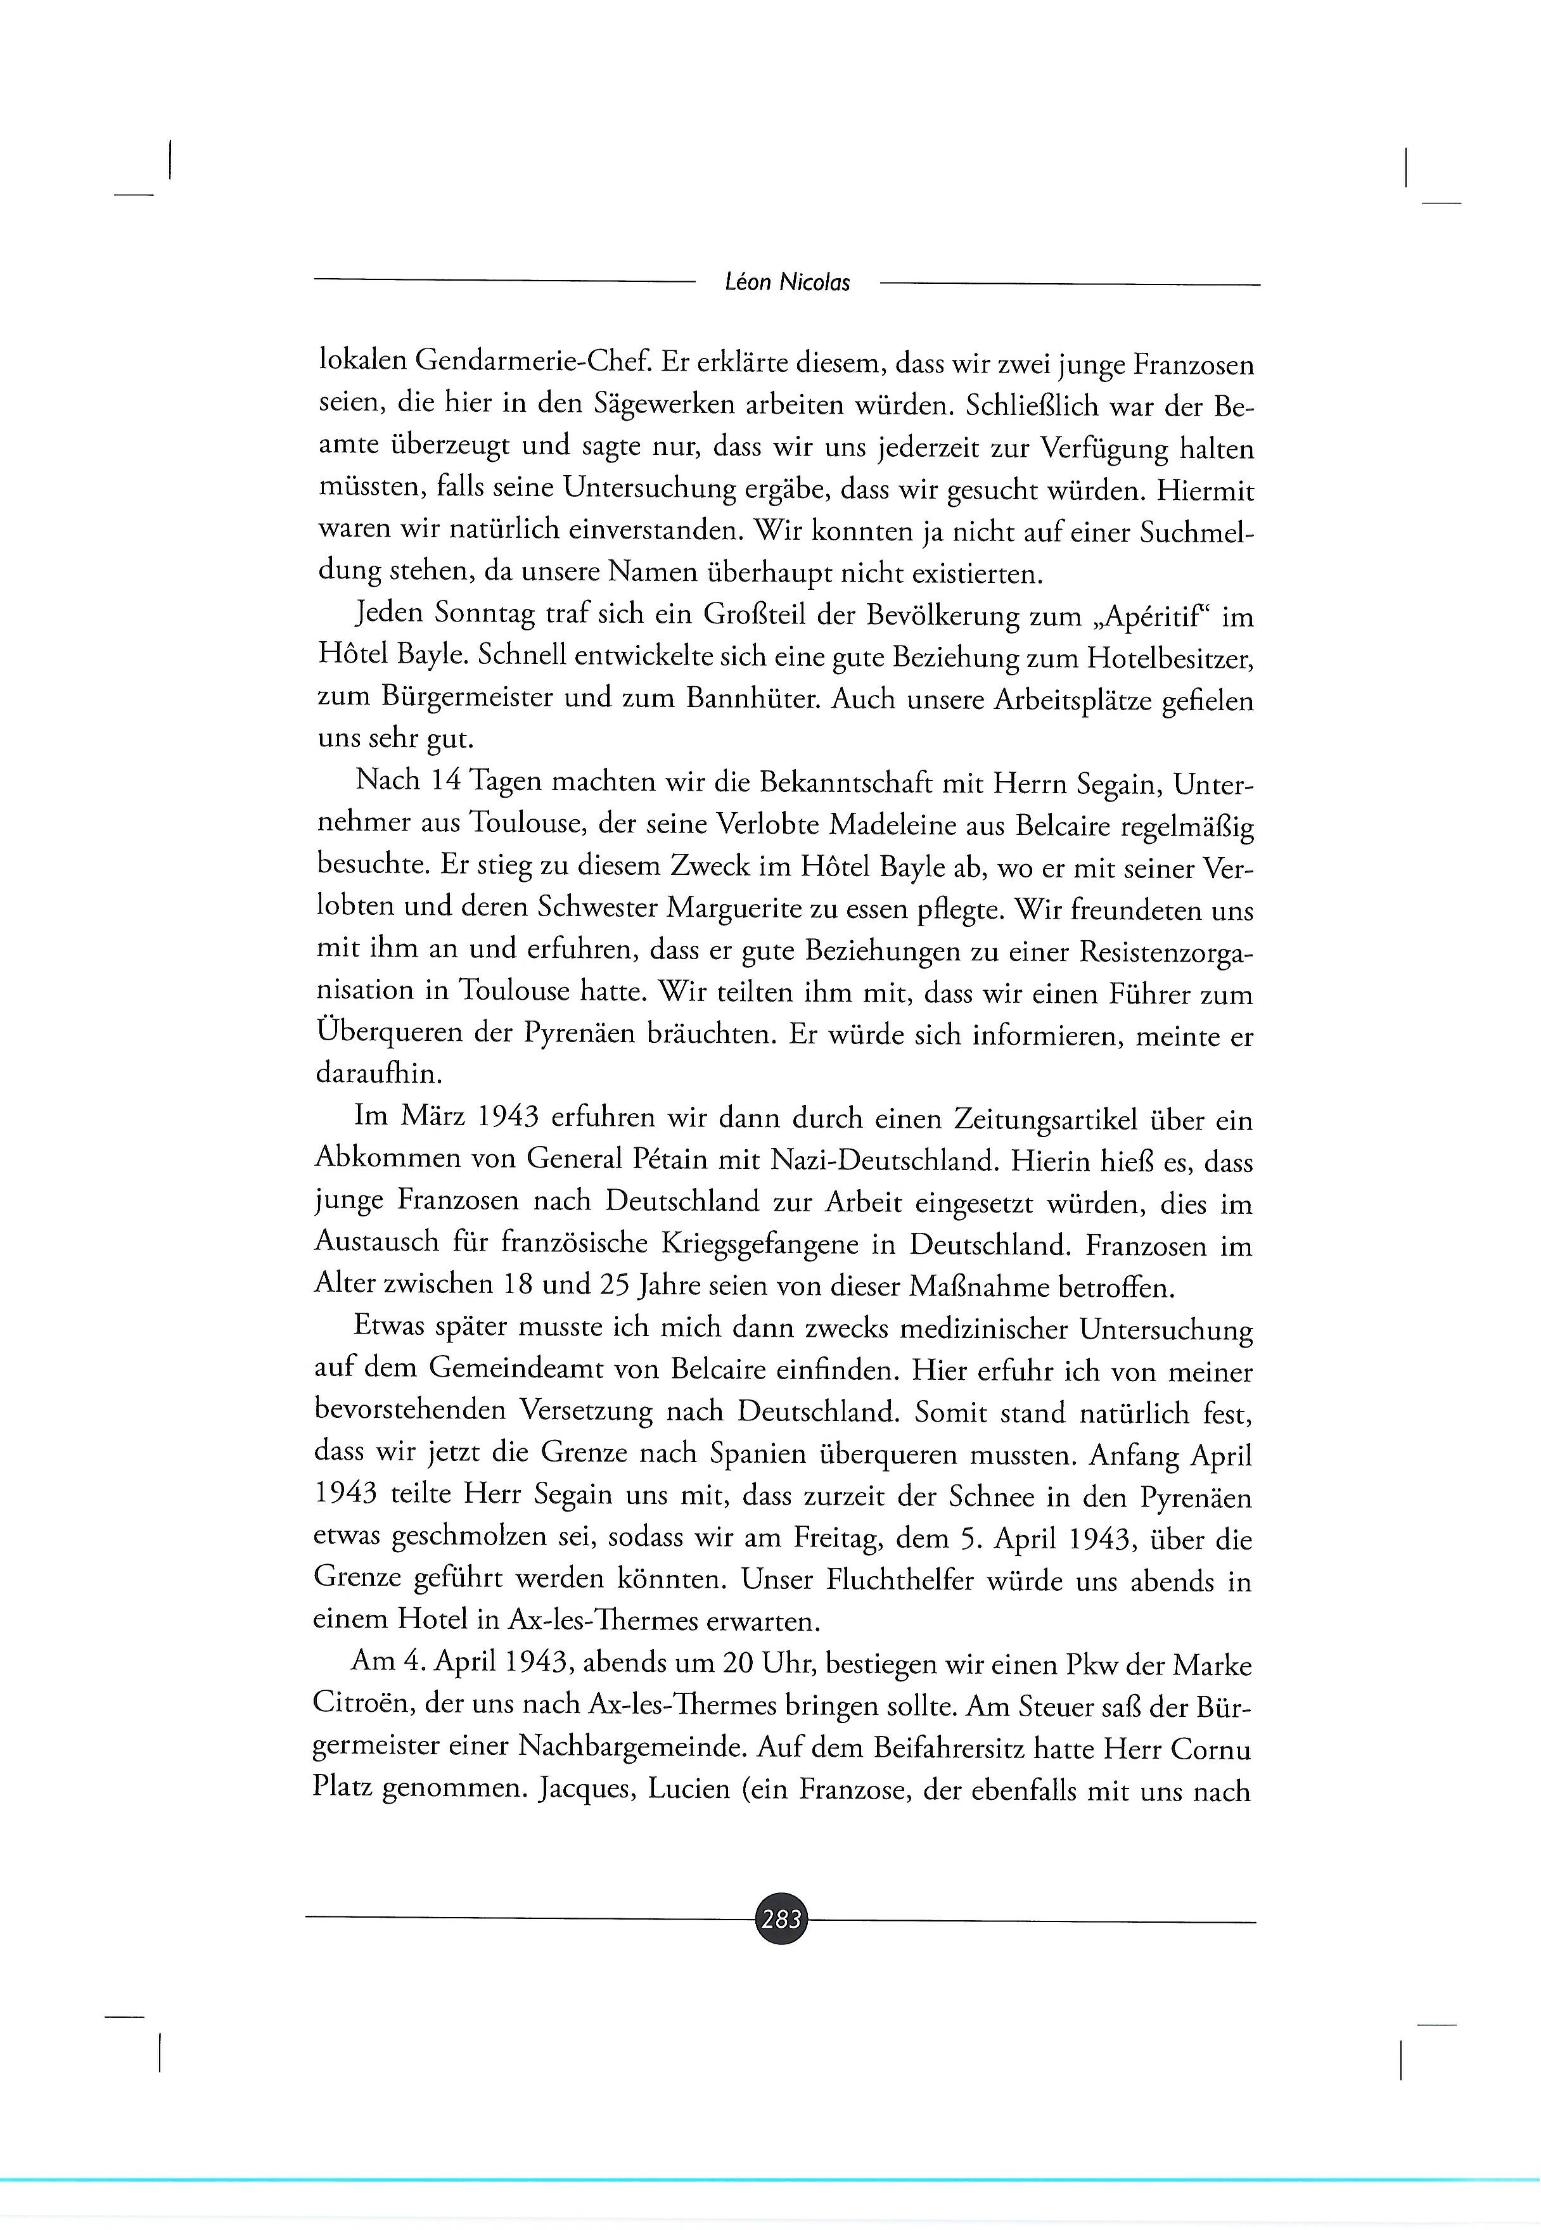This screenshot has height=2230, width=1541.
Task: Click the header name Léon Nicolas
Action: (x=787, y=283)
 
